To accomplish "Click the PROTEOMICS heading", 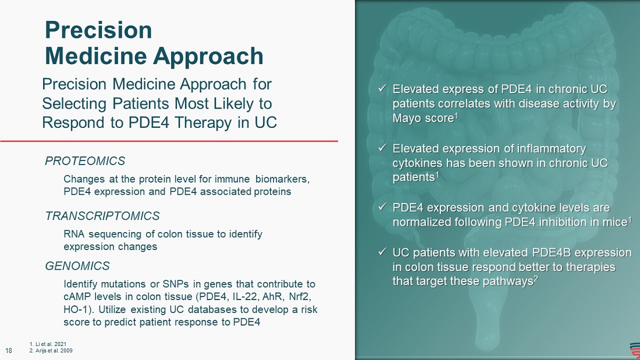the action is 85,161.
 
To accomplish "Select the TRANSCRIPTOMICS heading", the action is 102,216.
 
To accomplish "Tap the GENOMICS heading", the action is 77,266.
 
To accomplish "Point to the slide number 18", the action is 9,351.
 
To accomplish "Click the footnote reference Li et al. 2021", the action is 48,344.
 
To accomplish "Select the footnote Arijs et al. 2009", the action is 51,351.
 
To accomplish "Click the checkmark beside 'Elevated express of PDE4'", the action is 382,88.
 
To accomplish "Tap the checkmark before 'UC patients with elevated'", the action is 382,252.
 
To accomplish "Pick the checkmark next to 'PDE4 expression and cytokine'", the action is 382,207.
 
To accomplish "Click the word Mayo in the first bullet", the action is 407,119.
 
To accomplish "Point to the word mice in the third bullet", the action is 616,222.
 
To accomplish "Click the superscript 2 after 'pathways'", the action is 535,279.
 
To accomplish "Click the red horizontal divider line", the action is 169,141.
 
